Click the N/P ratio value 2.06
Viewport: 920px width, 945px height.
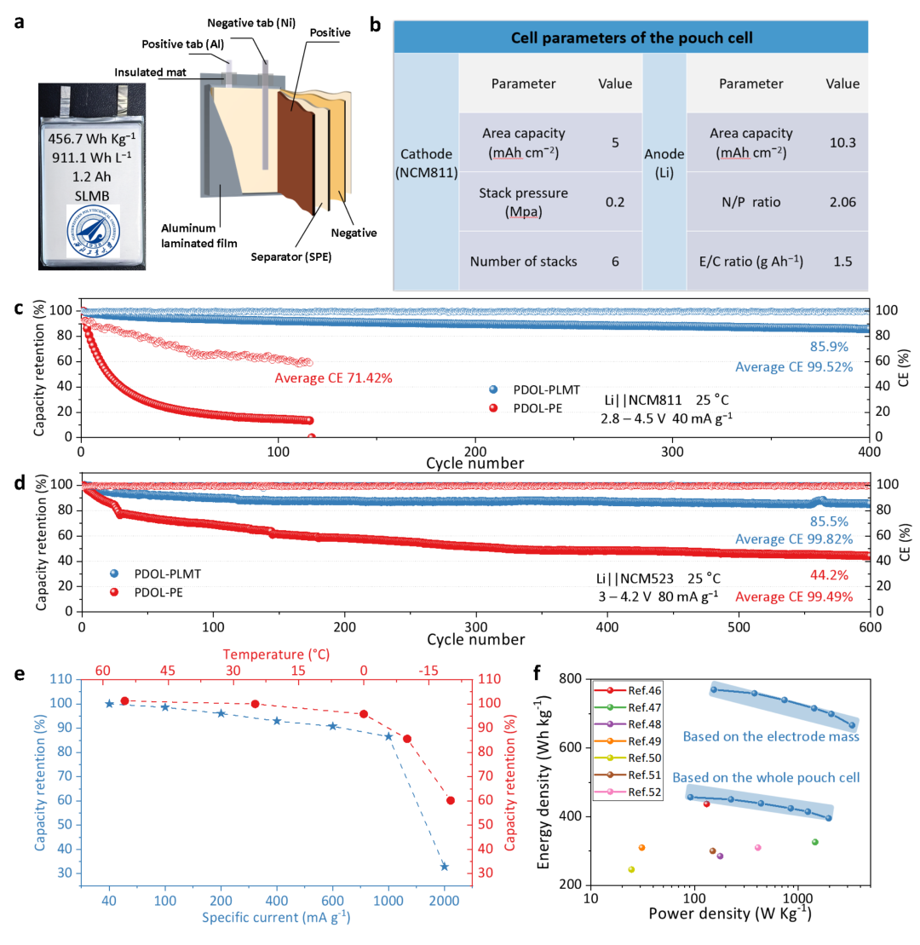tap(842, 202)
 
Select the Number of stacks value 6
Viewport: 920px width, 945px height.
tap(615, 262)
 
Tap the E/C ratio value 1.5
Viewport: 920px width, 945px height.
tap(842, 262)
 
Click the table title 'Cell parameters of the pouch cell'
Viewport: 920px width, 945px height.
tap(631, 38)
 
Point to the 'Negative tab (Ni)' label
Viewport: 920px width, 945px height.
tap(251, 23)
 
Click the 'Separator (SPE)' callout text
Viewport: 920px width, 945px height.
tap(291, 256)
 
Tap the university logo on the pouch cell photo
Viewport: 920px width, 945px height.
tap(94, 231)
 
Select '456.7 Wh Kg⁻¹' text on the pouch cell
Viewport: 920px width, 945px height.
tap(92, 138)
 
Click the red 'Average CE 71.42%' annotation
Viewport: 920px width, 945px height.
tap(333, 377)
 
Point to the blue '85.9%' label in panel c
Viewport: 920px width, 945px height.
tap(828, 347)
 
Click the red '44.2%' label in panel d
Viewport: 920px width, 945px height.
tap(828, 575)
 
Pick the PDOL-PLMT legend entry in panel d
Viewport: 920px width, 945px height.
tap(155, 573)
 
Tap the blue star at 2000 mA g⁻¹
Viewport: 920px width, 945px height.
tap(444, 867)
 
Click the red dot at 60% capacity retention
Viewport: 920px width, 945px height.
tap(450, 800)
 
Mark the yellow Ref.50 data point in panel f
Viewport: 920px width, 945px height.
tap(631, 870)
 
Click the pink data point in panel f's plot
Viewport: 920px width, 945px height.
tap(758, 847)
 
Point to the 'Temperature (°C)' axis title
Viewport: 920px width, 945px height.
tap(276, 654)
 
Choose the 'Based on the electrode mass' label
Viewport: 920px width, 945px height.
tap(771, 736)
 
